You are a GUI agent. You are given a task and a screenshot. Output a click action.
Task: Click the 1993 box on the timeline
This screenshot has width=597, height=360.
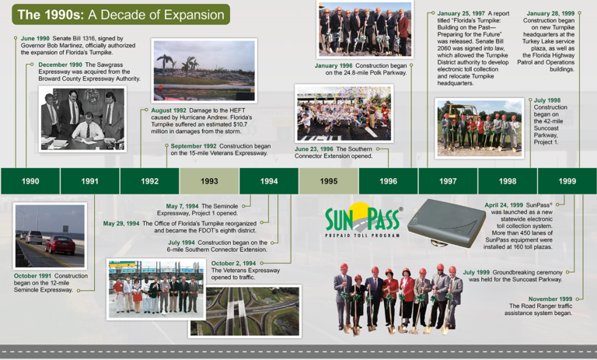(x=209, y=181)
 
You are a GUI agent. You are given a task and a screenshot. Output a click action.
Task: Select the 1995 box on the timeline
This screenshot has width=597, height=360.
(x=329, y=181)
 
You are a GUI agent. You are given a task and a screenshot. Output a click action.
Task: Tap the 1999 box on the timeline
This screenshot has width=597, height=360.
(x=567, y=181)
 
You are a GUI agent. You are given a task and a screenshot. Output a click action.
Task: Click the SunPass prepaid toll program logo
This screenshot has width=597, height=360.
(x=363, y=220)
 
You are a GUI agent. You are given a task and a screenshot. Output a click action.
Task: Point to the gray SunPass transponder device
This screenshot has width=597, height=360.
(x=446, y=223)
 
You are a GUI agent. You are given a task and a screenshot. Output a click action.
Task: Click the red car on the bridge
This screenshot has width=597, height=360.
(x=61, y=245)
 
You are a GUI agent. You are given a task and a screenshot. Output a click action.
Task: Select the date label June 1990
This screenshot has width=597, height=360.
(x=35, y=38)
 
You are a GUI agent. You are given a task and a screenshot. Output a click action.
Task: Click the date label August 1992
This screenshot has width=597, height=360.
(x=169, y=110)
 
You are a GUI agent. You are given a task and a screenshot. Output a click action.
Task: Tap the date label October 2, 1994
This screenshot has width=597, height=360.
(x=233, y=264)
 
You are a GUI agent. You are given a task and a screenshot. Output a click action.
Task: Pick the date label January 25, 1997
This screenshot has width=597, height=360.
(x=461, y=13)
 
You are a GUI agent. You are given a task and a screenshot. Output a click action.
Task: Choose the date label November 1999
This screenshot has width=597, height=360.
(x=550, y=299)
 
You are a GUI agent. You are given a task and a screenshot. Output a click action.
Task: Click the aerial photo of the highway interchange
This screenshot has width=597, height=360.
(x=245, y=311)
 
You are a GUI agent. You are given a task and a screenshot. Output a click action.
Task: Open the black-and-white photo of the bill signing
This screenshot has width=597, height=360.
(x=82, y=119)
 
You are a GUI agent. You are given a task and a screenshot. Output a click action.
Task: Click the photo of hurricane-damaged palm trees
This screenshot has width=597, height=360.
(x=204, y=71)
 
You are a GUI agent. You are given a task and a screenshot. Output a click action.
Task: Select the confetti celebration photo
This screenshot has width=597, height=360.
(x=344, y=114)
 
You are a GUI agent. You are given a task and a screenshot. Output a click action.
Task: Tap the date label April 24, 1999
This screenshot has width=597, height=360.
(x=504, y=205)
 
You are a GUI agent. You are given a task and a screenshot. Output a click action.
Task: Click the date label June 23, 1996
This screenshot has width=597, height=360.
(x=314, y=149)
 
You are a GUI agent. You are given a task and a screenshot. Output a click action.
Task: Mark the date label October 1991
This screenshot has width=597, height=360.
(x=33, y=276)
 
